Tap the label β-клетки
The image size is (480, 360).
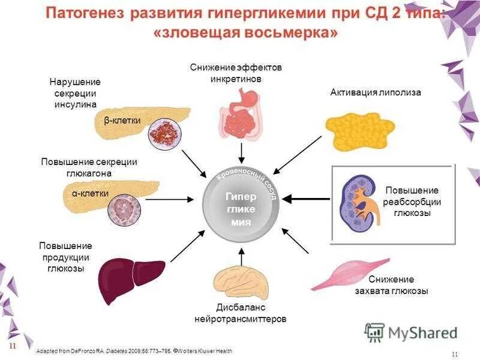(122, 121)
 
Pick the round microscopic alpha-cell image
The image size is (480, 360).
(127, 208)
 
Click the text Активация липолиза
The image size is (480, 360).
(376, 92)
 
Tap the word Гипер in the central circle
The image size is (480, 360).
(241, 196)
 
